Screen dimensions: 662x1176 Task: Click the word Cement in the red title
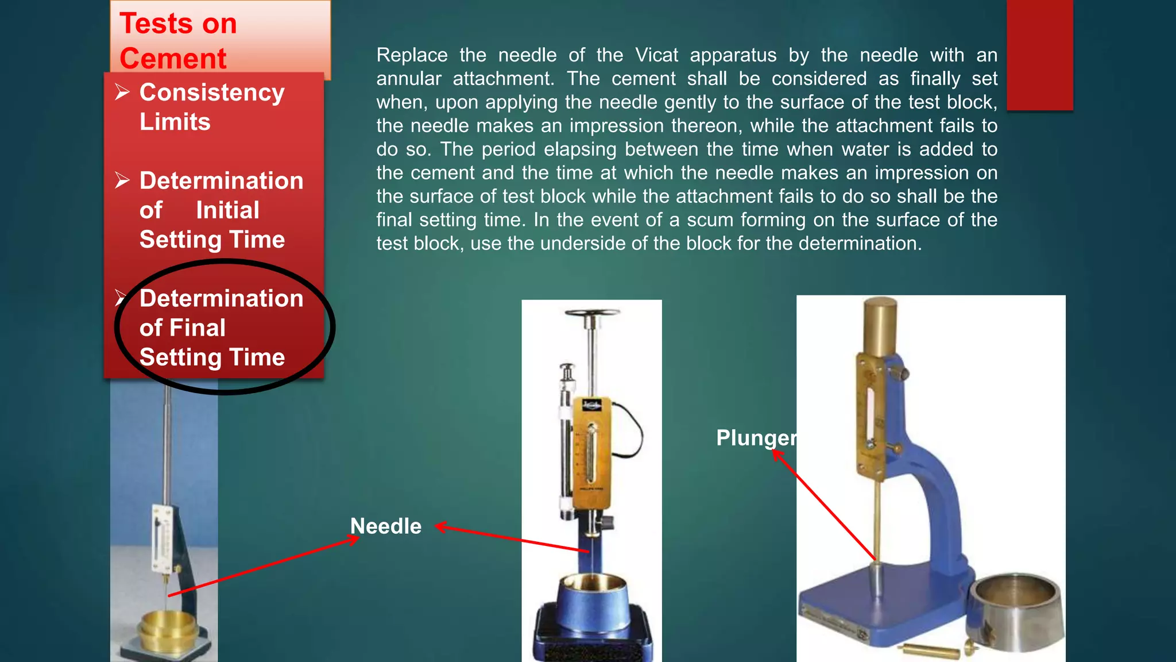173,59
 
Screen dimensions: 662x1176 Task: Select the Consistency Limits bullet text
211,107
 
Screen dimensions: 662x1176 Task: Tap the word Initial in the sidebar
227,210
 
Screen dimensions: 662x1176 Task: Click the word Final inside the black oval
204,328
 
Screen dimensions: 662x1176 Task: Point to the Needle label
386,526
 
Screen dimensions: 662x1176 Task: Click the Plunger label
756,438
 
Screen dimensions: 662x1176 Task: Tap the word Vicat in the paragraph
656,55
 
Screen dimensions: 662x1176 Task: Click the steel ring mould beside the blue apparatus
1015,609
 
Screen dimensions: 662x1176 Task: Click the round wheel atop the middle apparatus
592,314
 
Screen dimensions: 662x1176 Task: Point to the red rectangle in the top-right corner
1039,55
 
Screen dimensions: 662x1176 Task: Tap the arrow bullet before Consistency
122,92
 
